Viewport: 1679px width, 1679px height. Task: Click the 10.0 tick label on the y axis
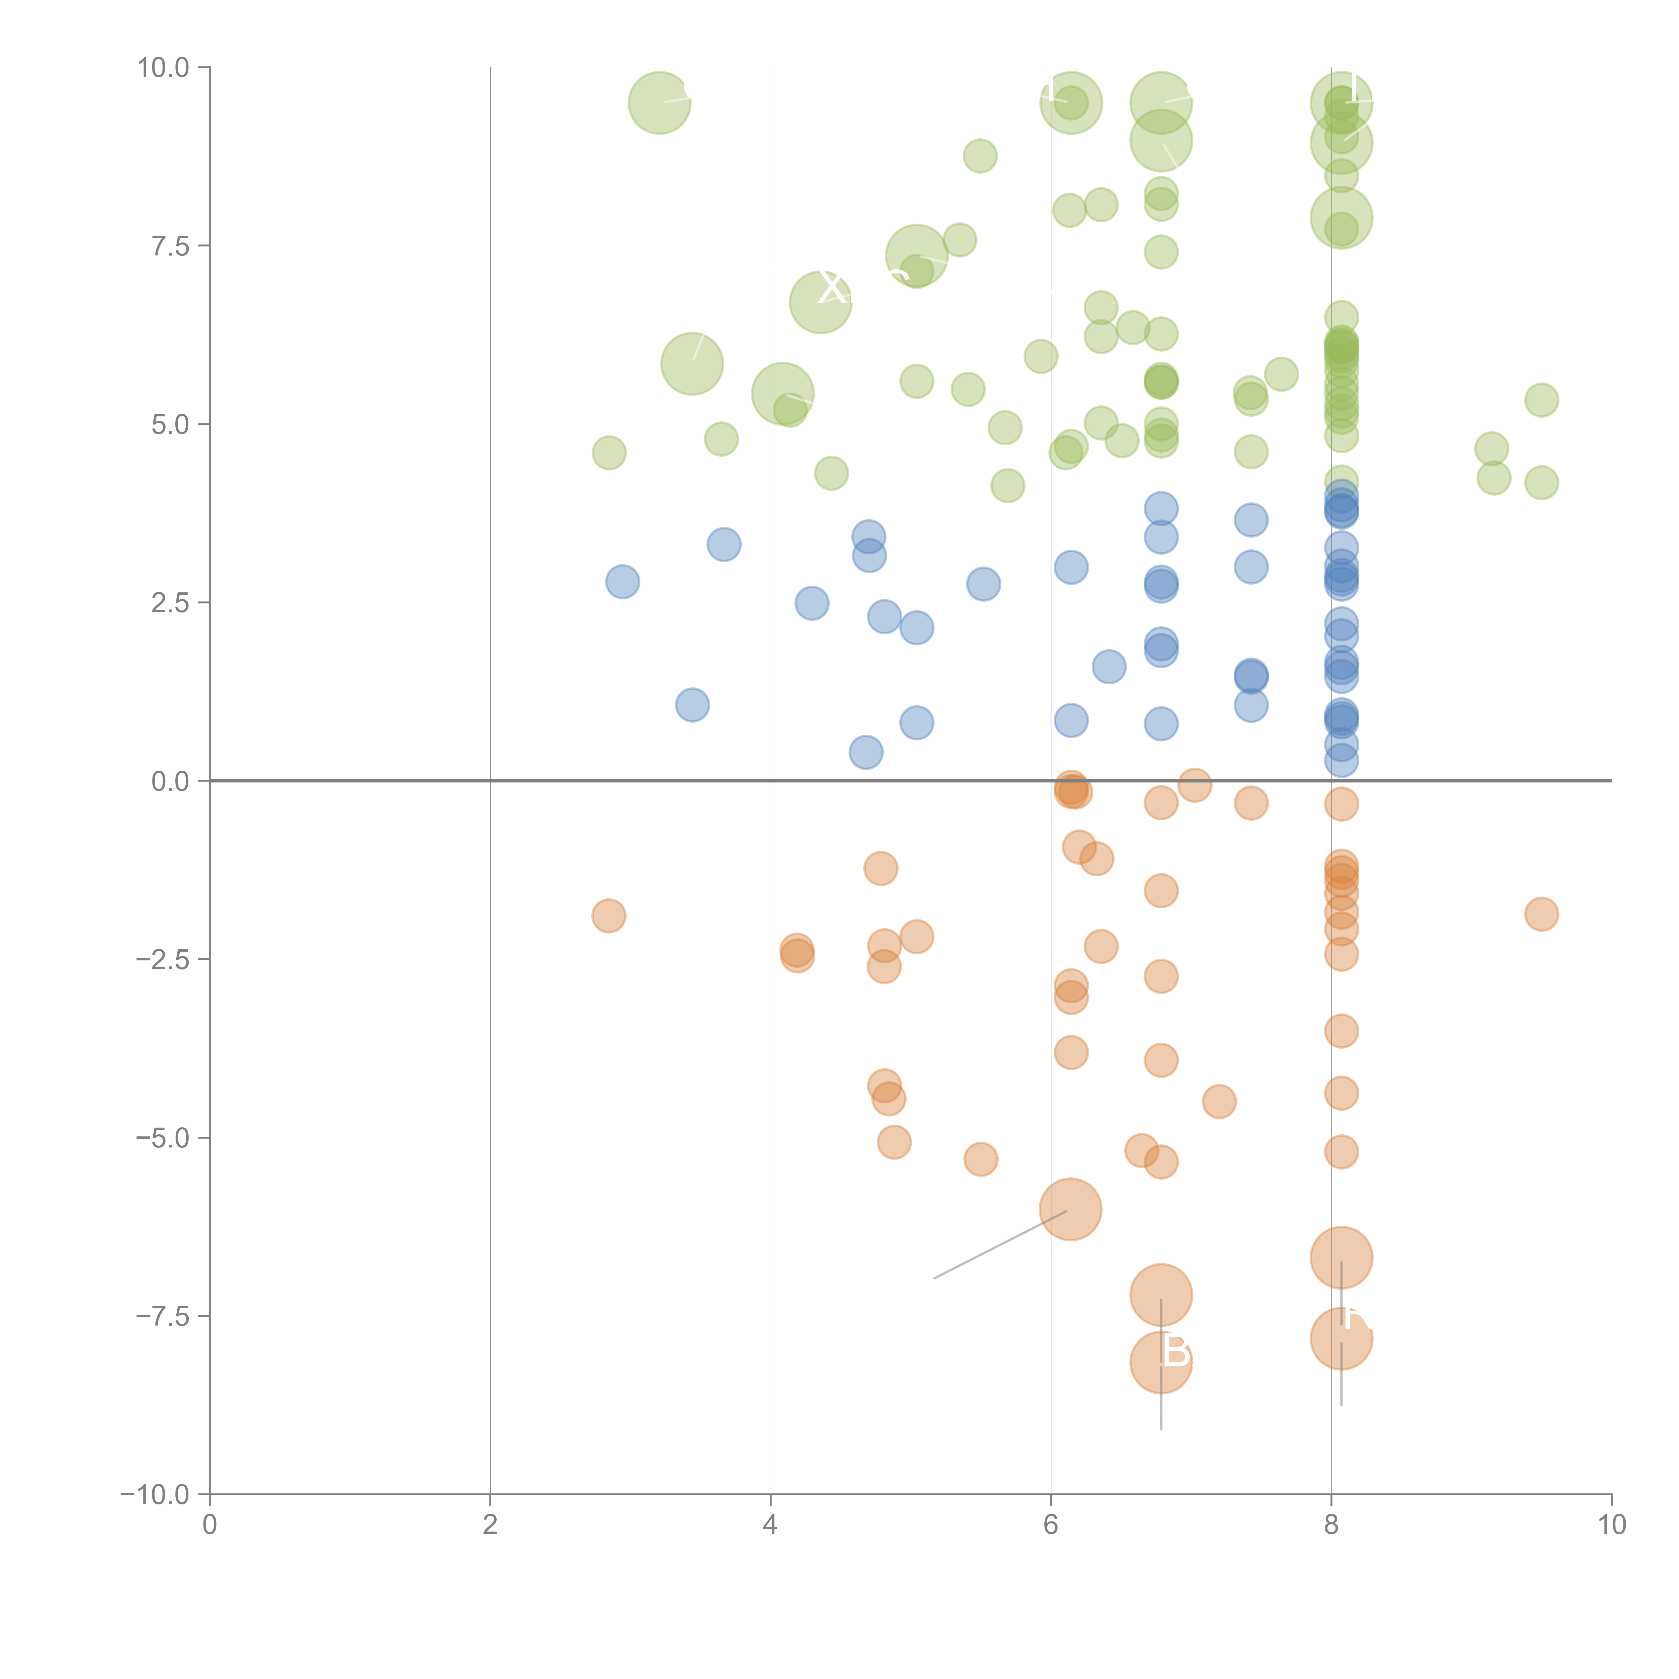[164, 68]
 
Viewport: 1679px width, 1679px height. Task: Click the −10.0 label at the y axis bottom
[155, 1495]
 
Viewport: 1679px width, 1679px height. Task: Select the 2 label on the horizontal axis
[490, 1525]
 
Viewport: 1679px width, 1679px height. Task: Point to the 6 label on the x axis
[1051, 1525]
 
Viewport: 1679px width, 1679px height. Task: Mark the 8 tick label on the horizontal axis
[1331, 1525]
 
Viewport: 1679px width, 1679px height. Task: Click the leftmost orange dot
[608, 915]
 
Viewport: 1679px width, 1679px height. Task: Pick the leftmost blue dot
[622, 581]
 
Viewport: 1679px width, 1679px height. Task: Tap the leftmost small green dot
[608, 453]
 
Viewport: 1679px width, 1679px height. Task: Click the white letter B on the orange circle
[1176, 1351]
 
